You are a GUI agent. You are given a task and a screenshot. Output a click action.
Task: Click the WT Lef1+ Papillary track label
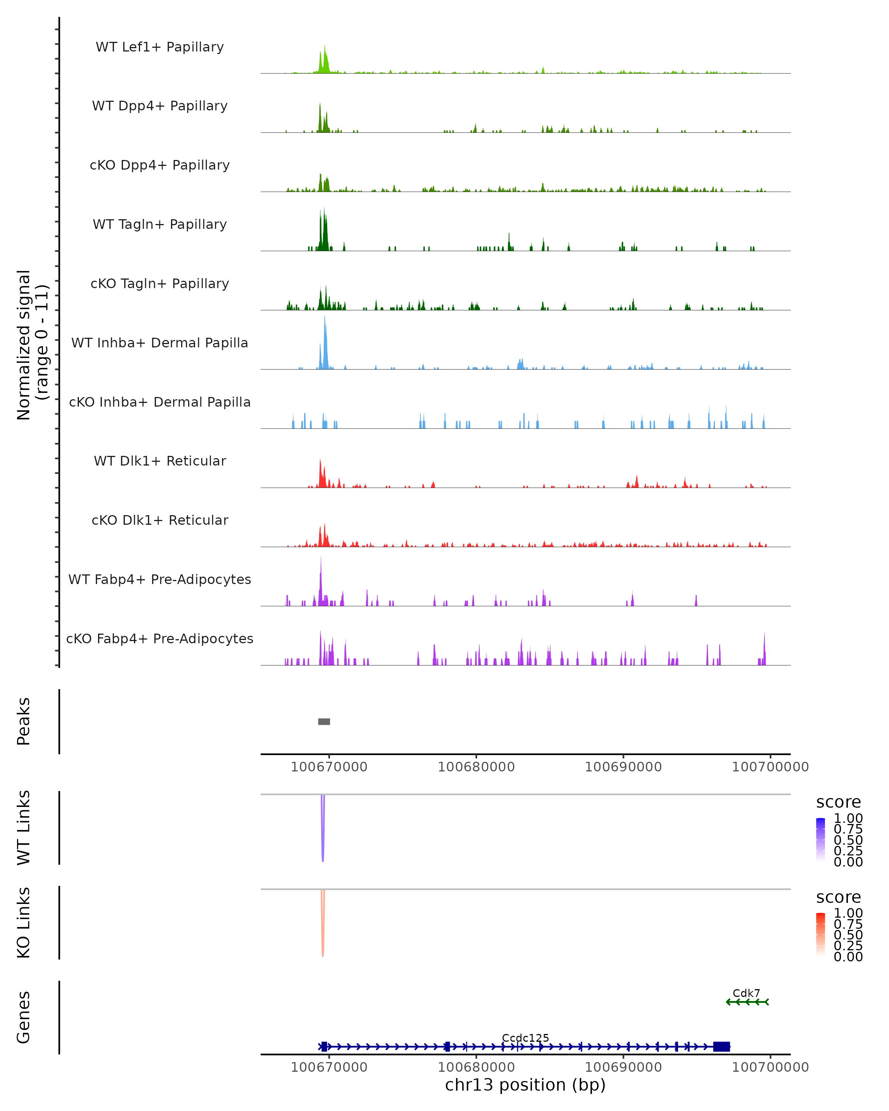tap(160, 47)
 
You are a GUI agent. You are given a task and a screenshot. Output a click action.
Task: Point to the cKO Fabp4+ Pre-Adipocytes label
tap(160, 638)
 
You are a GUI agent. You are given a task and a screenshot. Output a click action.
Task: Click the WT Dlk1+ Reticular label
tap(160, 461)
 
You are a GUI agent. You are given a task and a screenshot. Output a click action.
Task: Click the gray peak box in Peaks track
tap(324, 721)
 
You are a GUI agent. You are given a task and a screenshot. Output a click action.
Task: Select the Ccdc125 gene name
tap(525, 1038)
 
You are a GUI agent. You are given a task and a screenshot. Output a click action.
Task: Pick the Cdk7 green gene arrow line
tap(747, 1002)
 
